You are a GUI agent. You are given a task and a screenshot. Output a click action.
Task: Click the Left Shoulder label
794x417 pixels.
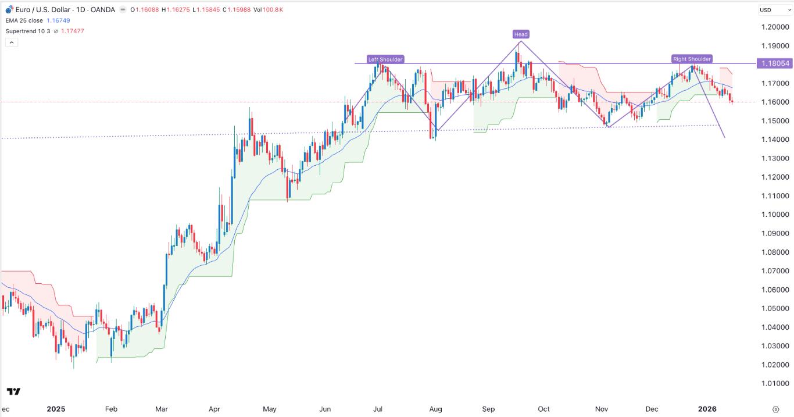click(385, 59)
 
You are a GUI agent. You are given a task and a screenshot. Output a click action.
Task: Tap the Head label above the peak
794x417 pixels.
click(521, 34)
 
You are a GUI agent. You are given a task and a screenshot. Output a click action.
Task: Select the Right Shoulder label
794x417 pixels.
click(692, 59)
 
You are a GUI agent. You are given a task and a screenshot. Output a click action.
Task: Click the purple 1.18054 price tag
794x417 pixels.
click(775, 63)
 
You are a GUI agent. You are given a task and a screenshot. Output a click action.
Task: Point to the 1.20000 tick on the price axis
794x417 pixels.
click(775, 27)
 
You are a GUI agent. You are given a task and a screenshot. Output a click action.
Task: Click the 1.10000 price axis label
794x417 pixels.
click(775, 215)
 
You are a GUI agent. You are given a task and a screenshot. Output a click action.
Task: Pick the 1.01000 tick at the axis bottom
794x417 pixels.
click(775, 383)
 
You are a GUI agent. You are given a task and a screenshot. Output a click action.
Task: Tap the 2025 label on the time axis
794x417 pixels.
click(56, 409)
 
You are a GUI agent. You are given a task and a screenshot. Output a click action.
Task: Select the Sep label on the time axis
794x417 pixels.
click(488, 409)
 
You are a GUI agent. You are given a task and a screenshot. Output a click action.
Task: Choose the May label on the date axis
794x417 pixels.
click(269, 409)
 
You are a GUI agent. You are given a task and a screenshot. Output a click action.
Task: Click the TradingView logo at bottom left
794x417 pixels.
click(14, 391)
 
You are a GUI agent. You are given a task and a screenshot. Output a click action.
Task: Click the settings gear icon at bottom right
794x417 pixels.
click(775, 409)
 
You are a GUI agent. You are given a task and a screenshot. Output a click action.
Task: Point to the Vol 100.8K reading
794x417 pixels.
click(240, 10)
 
